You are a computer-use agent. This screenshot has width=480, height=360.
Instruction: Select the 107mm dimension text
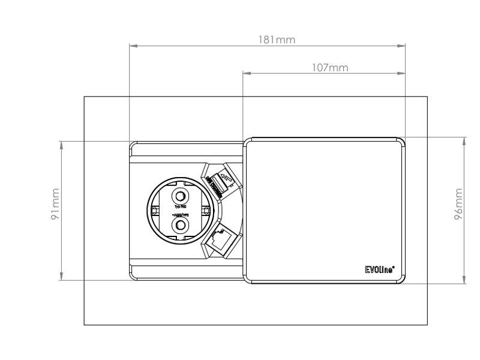click(330, 68)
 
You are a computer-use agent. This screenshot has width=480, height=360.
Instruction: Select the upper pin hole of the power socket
click(180, 196)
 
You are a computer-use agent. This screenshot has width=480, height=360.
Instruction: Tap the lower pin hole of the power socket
click(180, 225)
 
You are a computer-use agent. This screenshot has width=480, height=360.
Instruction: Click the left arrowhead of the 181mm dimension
click(134, 46)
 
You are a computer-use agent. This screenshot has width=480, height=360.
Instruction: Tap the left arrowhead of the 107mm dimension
click(246, 74)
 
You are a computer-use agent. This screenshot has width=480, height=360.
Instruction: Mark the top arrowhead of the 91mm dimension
click(61, 145)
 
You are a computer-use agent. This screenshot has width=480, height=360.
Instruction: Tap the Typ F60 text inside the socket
click(180, 206)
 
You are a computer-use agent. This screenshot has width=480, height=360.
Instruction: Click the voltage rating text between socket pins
click(180, 214)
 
